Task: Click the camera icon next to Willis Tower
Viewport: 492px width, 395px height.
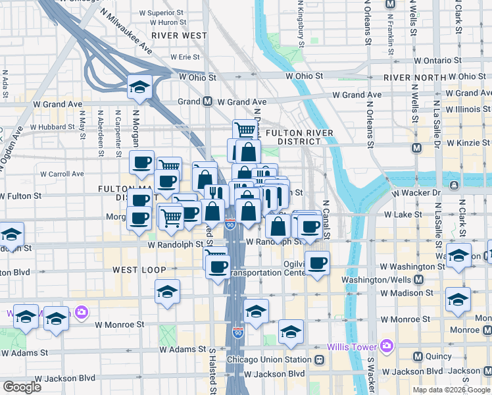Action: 386,346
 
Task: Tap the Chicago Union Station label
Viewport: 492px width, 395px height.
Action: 268,360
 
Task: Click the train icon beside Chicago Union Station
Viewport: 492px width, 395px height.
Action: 320,360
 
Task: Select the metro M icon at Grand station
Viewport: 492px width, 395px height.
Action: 207,102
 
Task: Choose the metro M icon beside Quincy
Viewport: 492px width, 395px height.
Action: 417,357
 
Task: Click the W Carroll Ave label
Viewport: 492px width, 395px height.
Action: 62,174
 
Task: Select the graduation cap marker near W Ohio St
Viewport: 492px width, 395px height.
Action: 139,86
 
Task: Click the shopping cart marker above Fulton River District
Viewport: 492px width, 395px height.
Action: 245,130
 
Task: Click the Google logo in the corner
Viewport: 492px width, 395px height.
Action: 22,387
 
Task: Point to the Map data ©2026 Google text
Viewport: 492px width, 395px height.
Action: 451,390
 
